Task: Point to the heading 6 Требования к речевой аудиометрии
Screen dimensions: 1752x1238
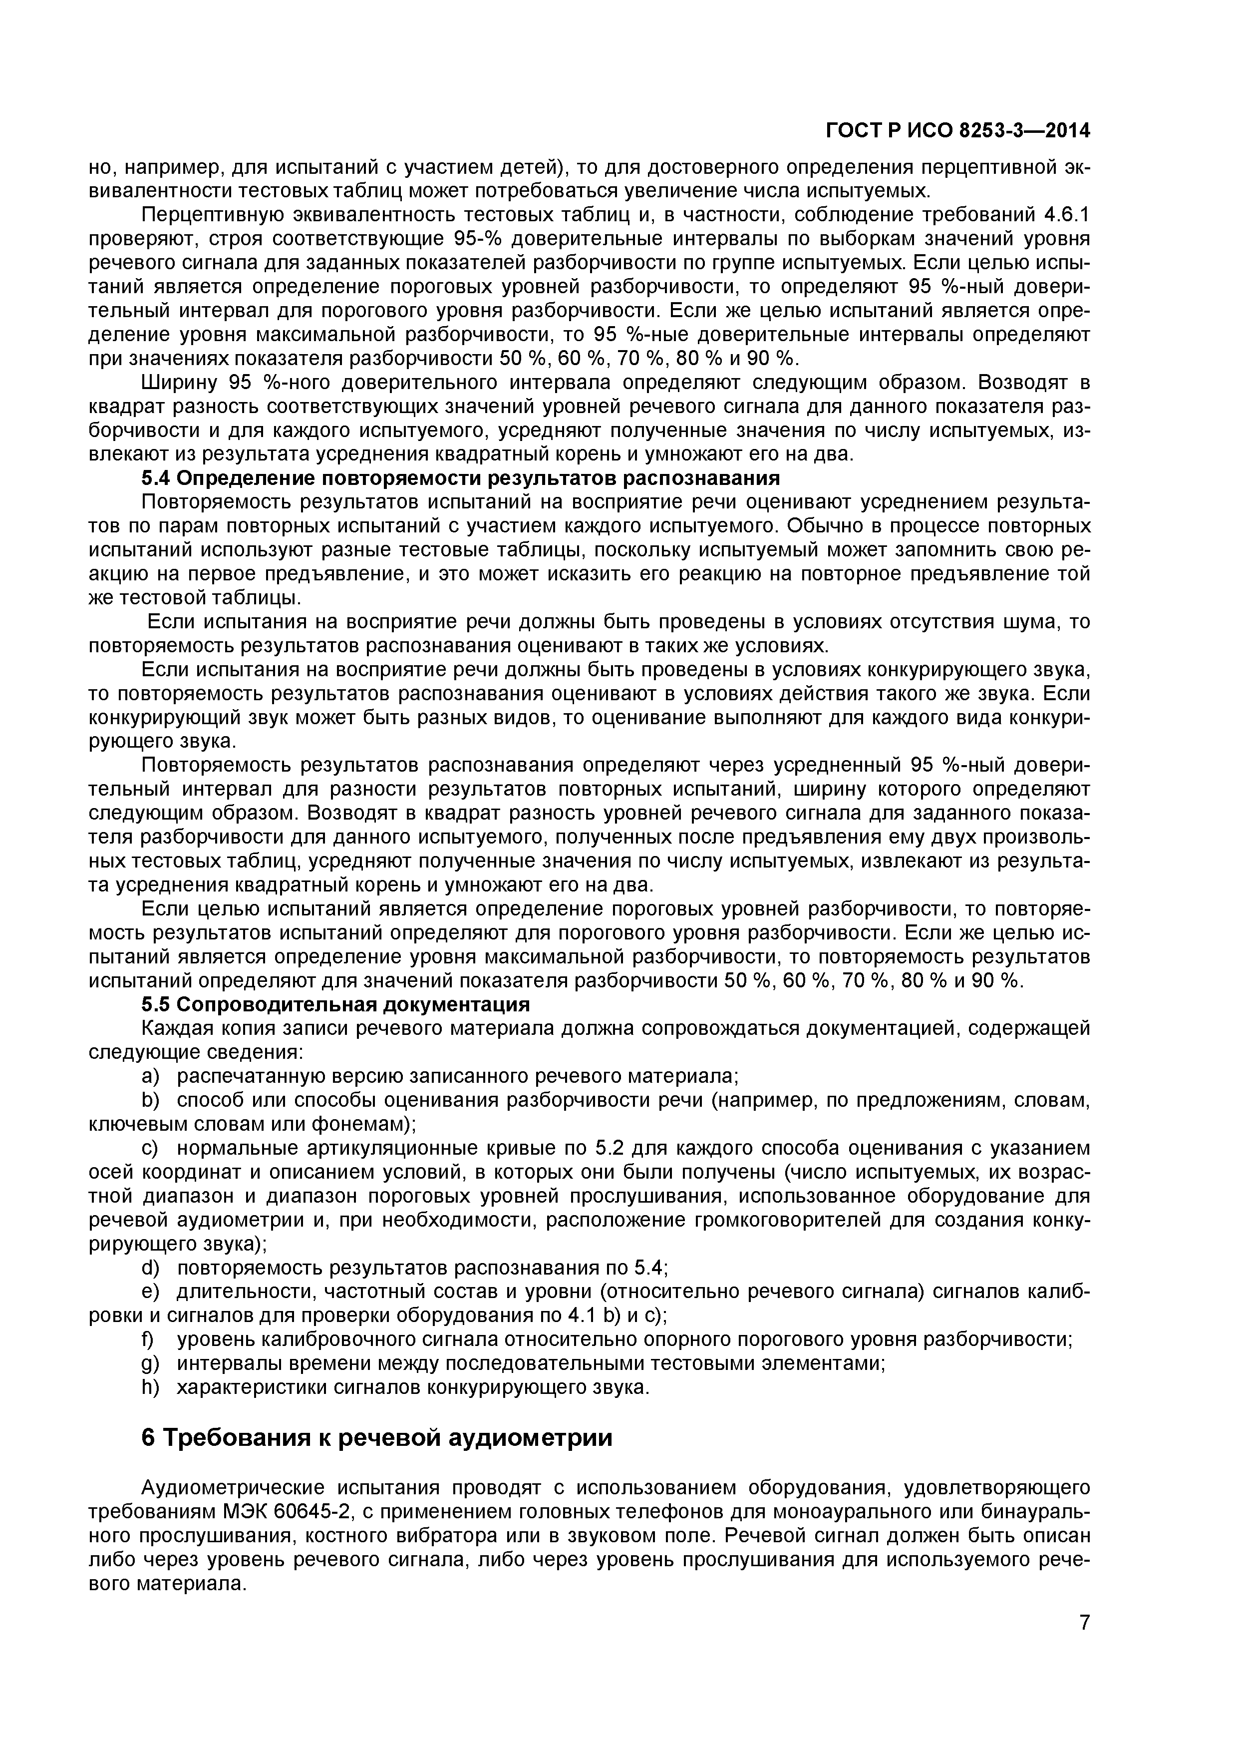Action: [x=377, y=1438]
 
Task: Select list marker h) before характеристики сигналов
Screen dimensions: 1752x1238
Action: [x=149, y=1387]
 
